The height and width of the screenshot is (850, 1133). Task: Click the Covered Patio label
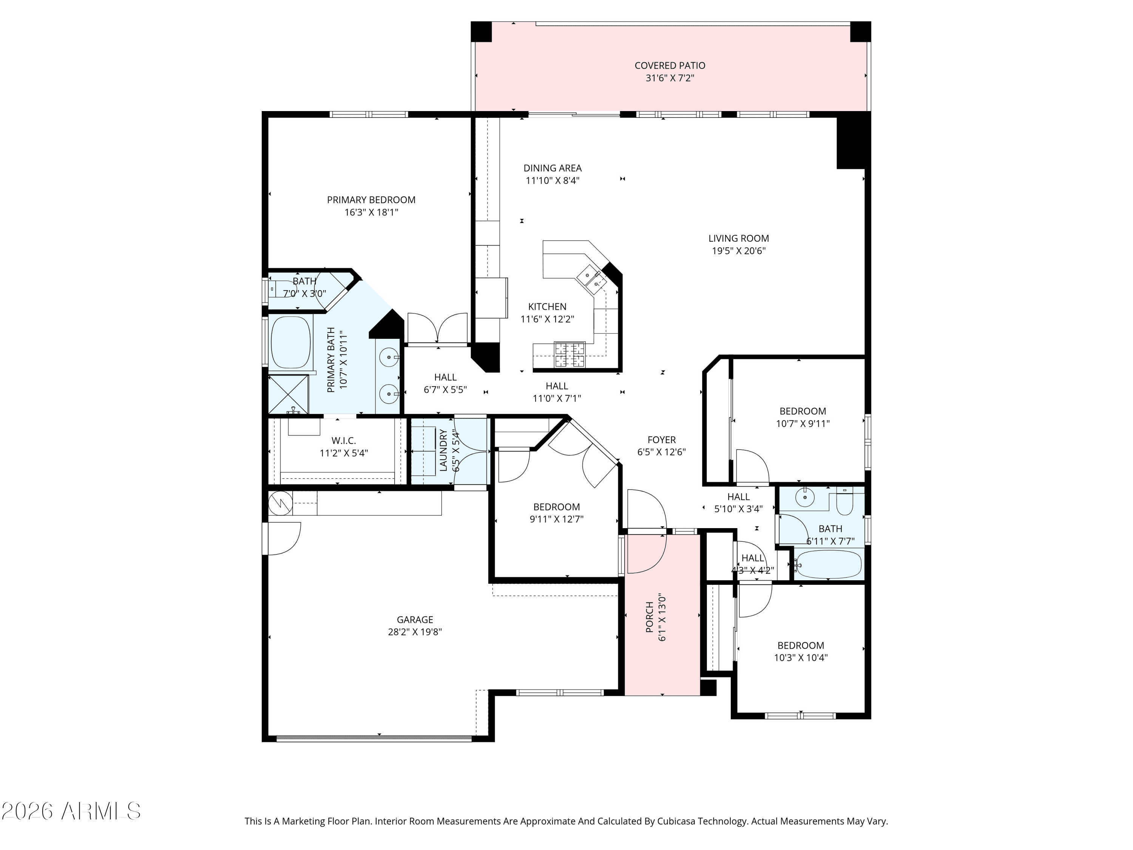tap(670, 66)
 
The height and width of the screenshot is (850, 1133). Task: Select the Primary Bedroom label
tap(371, 200)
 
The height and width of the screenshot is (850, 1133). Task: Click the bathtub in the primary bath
tap(290, 342)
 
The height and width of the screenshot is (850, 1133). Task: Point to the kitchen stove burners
tap(570, 355)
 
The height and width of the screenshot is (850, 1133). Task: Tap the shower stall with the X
tap(289, 394)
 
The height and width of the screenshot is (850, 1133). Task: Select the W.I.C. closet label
tap(343, 440)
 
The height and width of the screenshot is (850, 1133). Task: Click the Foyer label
tap(661, 440)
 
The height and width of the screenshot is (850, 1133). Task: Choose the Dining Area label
tap(552, 168)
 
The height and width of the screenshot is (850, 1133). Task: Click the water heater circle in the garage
tap(280, 503)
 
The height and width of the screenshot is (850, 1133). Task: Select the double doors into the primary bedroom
tap(437, 328)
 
